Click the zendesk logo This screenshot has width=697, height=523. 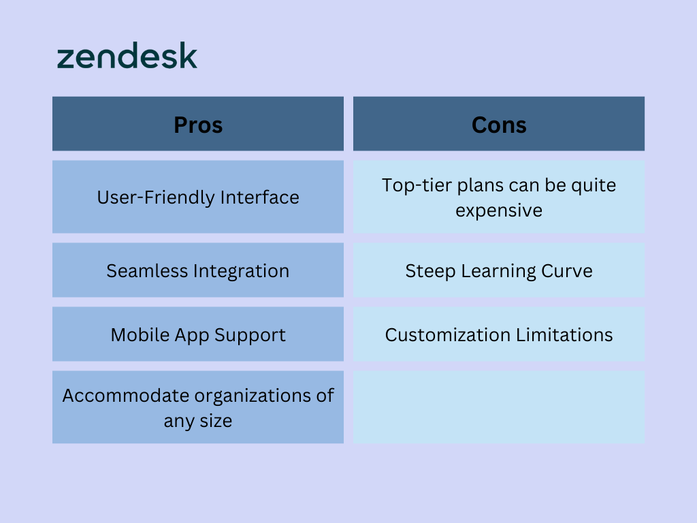[x=127, y=56]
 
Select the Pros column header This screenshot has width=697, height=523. [x=198, y=124]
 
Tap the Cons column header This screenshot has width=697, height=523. [x=499, y=124]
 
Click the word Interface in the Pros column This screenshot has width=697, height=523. [x=259, y=197]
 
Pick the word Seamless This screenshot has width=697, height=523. [x=147, y=271]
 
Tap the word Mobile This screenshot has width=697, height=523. [x=140, y=335]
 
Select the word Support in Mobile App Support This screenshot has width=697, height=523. [x=250, y=336]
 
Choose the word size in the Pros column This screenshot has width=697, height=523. [x=216, y=421]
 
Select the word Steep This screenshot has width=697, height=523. [x=430, y=272]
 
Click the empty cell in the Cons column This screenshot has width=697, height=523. [x=499, y=407]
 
